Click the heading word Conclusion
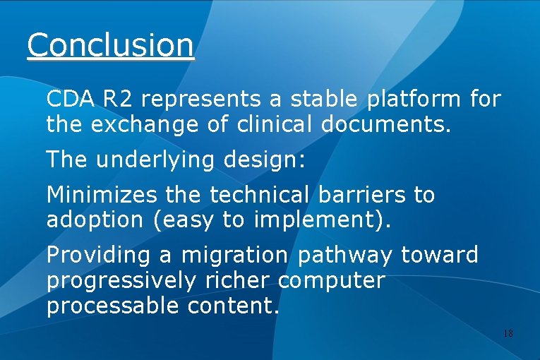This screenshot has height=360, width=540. tap(110, 44)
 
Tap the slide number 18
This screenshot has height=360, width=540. tap(508, 333)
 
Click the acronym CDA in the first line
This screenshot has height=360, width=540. tap(71, 100)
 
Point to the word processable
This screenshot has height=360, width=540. tap(114, 306)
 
